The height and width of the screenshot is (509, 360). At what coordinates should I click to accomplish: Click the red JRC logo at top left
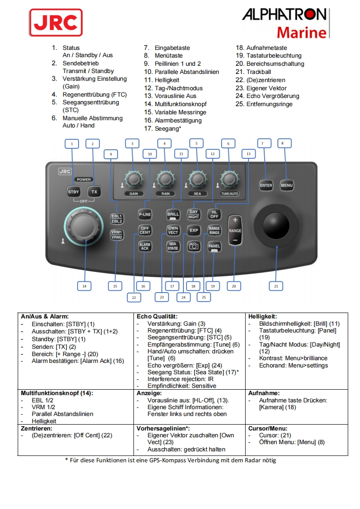[56, 22]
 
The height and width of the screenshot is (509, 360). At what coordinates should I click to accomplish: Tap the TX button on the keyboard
[94, 191]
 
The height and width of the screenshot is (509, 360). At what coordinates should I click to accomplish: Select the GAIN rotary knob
[133, 179]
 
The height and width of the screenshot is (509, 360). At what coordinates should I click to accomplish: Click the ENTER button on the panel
[266, 185]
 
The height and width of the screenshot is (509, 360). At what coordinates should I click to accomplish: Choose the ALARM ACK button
[145, 247]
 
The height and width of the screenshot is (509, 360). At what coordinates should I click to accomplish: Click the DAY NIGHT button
[194, 214]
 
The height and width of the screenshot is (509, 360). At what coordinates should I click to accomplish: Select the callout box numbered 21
[276, 286]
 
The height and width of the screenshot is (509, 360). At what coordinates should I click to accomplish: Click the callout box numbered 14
[84, 286]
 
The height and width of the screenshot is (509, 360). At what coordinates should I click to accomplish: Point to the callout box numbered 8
[282, 143]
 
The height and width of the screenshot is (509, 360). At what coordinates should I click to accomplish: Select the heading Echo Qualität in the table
[157, 316]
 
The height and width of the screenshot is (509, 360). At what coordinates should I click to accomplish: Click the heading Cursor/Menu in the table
[267, 428]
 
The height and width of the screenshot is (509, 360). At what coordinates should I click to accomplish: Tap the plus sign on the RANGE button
[235, 220]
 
